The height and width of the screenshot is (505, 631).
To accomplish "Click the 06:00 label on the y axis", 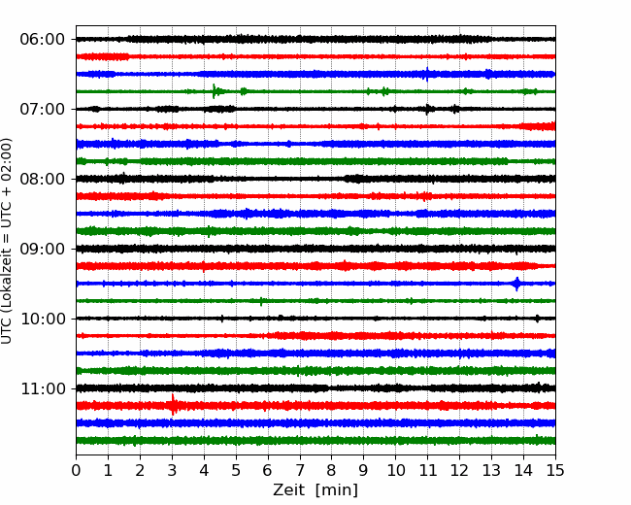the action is point(42,40).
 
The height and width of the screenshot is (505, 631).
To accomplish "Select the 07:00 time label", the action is point(42,109).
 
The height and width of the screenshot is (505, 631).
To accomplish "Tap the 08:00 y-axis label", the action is point(42,179).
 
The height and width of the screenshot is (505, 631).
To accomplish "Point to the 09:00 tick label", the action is point(42,249).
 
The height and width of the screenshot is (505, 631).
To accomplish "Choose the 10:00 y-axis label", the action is point(42,319).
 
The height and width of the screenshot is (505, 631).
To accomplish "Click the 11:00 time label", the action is point(42,388).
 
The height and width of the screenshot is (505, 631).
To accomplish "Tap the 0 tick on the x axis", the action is point(76,470).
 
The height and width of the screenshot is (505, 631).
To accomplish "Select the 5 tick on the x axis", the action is point(236,470).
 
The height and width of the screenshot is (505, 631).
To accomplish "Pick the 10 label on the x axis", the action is point(395,470).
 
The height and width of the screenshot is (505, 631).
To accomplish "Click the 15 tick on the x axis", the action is point(555,470).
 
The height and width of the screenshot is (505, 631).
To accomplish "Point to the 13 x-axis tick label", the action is point(491,470).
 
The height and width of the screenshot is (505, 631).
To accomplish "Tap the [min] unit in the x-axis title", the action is point(337,490).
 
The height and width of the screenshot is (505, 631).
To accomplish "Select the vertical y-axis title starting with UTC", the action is point(6,241).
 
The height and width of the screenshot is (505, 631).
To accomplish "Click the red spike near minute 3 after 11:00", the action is point(173,405).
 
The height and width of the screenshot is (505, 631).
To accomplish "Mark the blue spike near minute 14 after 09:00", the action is point(516,284).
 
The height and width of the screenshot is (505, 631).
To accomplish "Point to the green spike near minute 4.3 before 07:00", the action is point(214,91).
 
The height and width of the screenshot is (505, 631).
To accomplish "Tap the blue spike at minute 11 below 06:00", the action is point(427,74).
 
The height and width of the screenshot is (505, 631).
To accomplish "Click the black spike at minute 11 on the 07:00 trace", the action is point(427,109).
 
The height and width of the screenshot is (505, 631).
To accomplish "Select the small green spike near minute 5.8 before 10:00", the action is point(261,301).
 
